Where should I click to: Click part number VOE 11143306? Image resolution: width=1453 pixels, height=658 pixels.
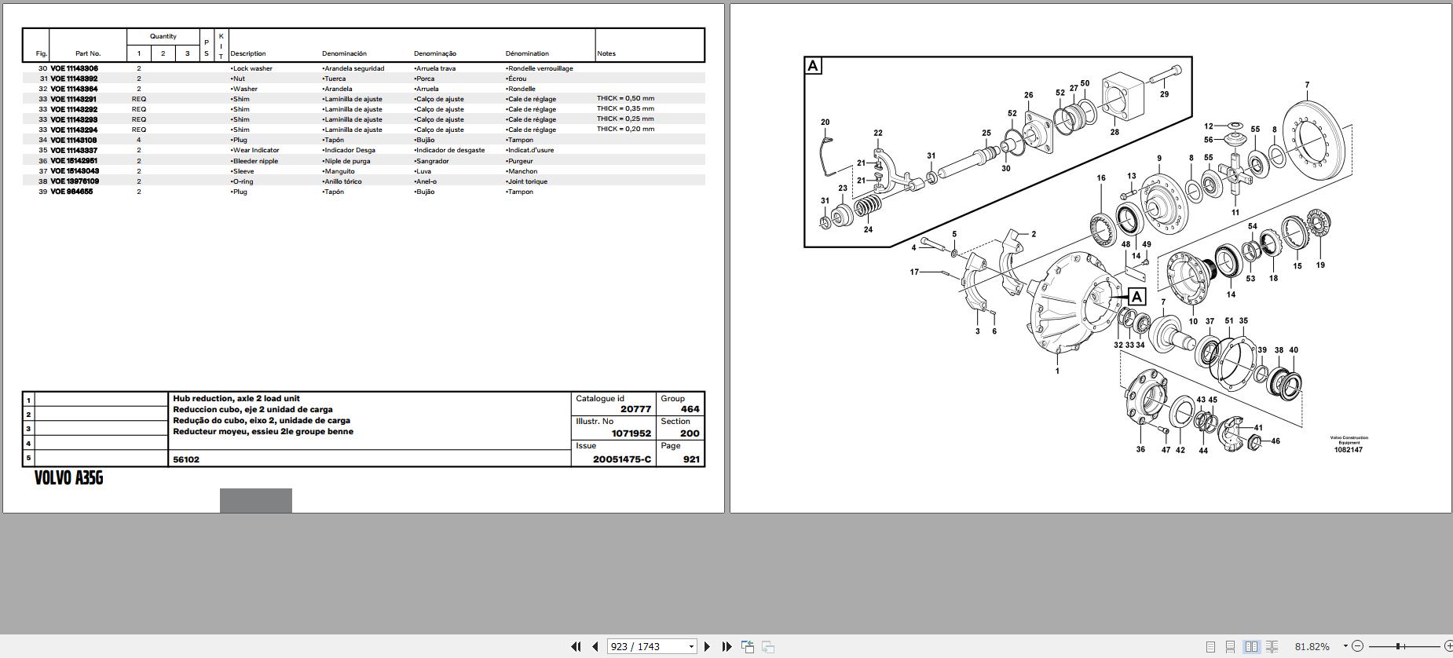(x=74, y=68)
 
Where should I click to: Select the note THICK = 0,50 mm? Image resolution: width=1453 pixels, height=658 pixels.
(x=625, y=98)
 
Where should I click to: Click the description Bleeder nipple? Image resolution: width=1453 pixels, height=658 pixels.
(x=254, y=161)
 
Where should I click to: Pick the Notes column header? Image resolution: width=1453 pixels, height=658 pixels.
(x=606, y=53)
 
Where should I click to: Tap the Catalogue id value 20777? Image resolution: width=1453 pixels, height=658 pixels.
(x=635, y=409)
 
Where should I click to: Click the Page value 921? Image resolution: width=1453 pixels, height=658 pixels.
(x=691, y=459)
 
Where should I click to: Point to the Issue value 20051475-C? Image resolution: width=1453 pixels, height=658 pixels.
(x=622, y=459)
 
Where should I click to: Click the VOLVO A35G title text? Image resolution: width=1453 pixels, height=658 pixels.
(x=68, y=478)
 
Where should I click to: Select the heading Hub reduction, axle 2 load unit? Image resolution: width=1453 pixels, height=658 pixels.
(x=236, y=398)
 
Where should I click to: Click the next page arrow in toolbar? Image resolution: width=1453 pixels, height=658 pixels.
(x=707, y=646)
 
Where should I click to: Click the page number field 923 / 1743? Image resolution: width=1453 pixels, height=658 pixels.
(x=652, y=646)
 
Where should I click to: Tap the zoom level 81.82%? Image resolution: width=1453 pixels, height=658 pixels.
(x=1312, y=646)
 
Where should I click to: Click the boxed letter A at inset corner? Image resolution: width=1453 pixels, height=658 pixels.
(x=813, y=66)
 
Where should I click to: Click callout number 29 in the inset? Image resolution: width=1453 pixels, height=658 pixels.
(x=1164, y=94)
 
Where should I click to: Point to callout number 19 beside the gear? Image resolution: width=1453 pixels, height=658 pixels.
(x=1320, y=265)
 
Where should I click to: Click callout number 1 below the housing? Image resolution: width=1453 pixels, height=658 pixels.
(x=1057, y=371)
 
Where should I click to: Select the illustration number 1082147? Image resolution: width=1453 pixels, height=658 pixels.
(x=1348, y=450)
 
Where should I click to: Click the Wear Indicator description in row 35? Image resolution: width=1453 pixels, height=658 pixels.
(x=254, y=150)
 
